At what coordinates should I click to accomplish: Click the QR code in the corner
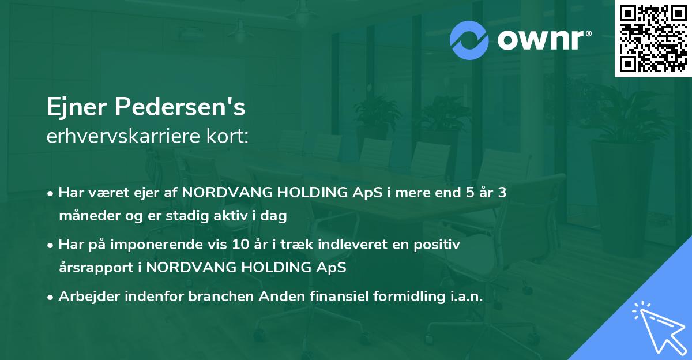(x=653, y=38)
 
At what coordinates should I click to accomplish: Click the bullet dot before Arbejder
(x=51, y=297)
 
